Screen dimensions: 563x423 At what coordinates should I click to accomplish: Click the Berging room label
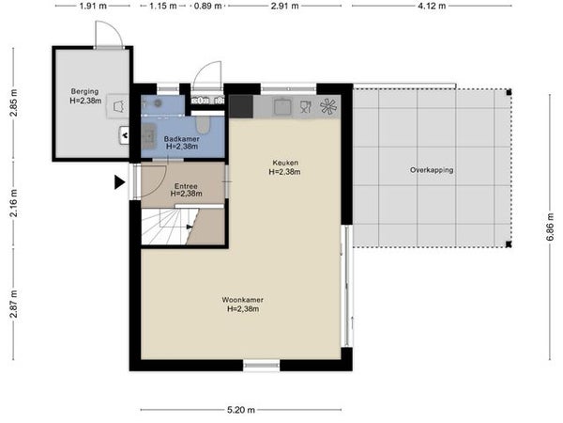(x=84, y=91)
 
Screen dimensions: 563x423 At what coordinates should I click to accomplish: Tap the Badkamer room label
(x=182, y=139)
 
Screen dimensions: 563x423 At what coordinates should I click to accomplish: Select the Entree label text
(x=186, y=186)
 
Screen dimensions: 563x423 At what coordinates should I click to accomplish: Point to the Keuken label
(x=285, y=163)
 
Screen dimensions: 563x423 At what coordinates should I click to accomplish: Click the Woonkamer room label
(x=243, y=300)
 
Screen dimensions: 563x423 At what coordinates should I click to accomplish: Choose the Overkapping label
(x=432, y=170)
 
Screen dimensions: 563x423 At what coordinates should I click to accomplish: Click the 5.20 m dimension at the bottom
(x=241, y=410)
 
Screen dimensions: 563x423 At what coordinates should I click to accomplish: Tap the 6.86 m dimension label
(x=550, y=227)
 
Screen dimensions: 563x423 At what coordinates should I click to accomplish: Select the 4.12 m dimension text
(x=432, y=6)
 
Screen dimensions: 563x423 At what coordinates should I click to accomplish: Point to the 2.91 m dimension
(x=284, y=6)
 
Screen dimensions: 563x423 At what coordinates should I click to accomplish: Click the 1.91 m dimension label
(x=93, y=6)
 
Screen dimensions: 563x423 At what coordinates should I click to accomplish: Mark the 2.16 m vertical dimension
(x=14, y=203)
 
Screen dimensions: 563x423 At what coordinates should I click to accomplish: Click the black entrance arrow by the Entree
(x=120, y=182)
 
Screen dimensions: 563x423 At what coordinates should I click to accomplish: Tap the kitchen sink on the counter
(x=282, y=106)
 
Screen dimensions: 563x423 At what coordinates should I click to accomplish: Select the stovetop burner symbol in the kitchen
(x=328, y=106)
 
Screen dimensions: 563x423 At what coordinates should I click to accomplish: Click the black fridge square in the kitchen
(x=241, y=106)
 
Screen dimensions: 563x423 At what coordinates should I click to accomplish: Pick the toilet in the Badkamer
(x=203, y=124)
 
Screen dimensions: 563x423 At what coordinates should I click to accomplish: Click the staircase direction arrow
(x=190, y=227)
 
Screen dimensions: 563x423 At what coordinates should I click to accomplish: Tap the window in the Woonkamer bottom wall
(x=262, y=366)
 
